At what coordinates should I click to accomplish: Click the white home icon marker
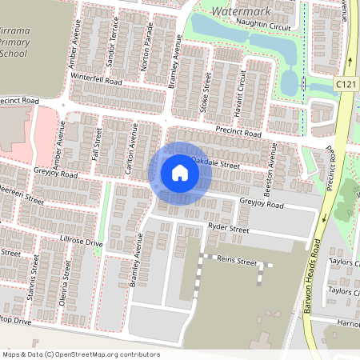[x=180, y=172]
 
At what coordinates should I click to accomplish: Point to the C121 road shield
[x=345, y=83]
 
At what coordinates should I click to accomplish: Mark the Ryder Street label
[x=229, y=229]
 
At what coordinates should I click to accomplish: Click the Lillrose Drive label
[x=82, y=242]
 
